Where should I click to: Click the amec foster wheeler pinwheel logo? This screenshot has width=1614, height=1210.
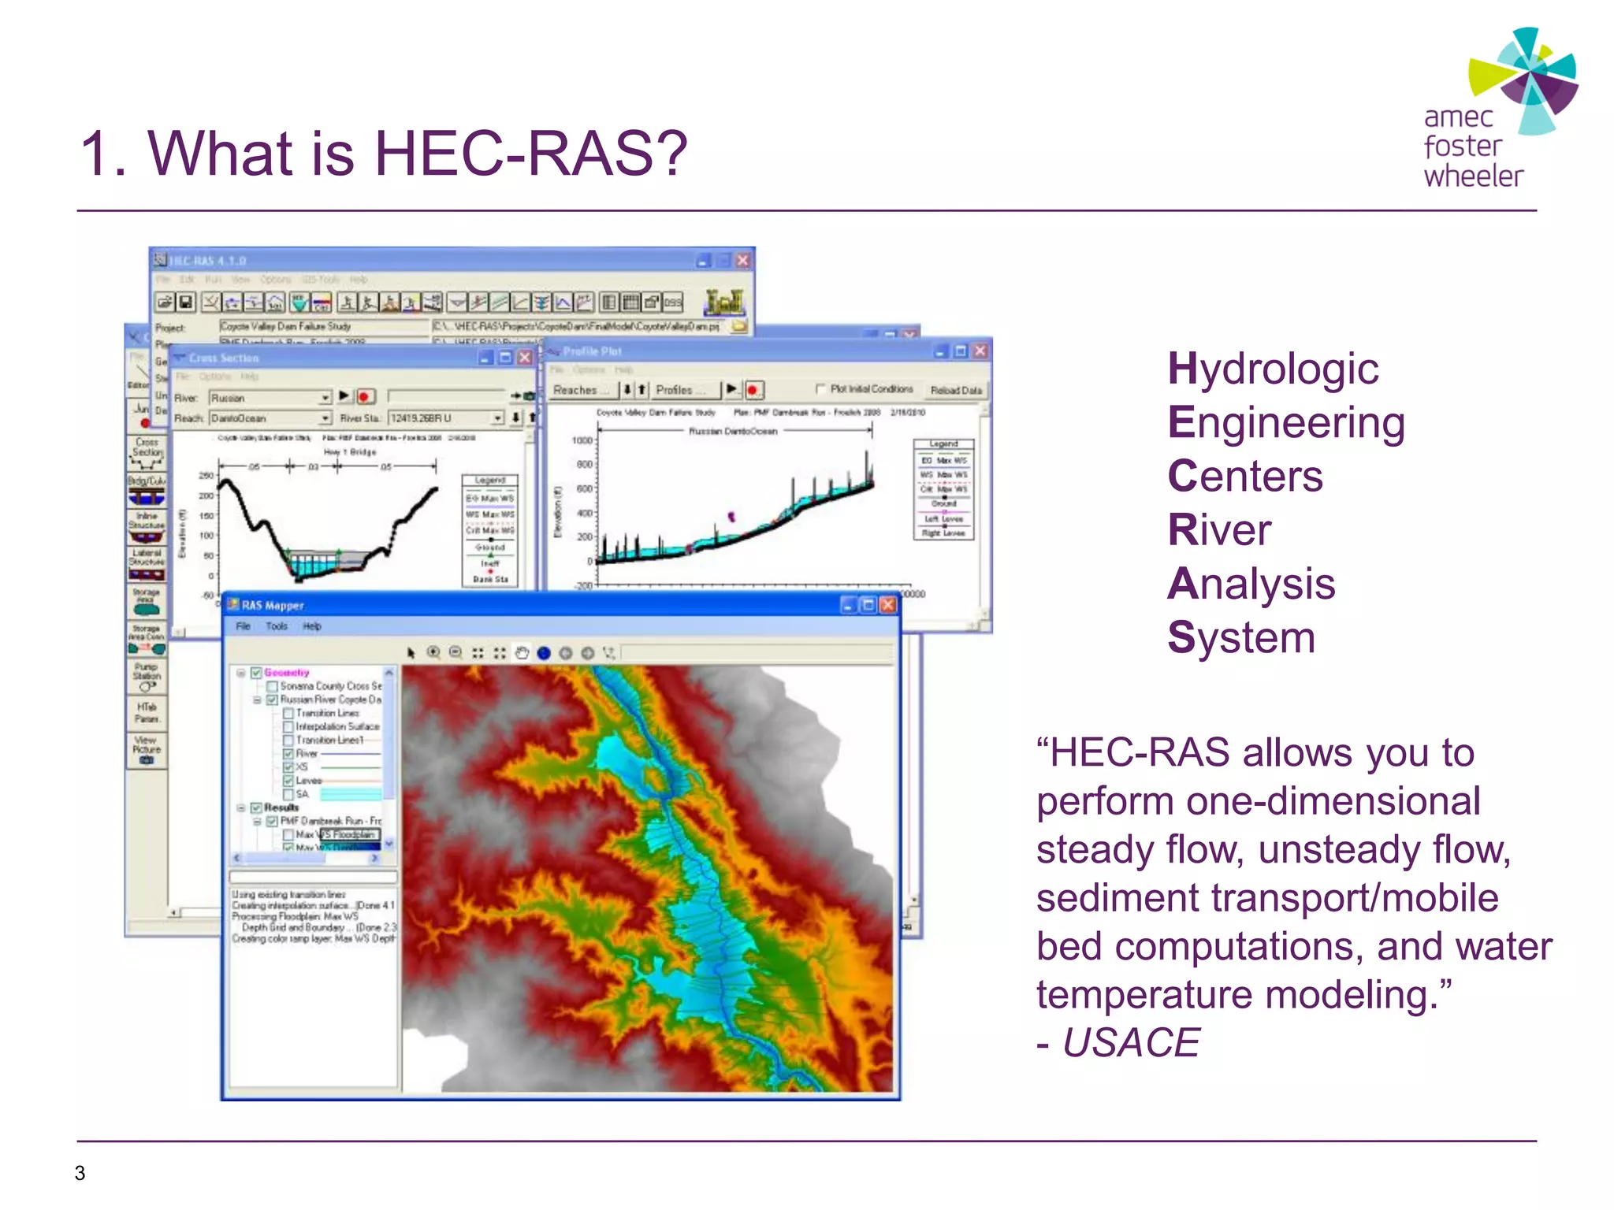(1524, 79)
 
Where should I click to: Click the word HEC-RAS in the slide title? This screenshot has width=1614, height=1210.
(529, 153)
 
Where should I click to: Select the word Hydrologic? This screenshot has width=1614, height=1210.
(1273, 369)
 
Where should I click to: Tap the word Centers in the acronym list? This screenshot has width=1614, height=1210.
(1244, 476)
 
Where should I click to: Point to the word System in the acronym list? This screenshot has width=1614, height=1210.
(1241, 637)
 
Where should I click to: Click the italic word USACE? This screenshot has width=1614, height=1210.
(1130, 1042)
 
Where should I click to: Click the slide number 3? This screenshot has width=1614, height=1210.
(80, 1173)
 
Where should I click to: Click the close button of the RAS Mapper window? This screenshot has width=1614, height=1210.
(887, 605)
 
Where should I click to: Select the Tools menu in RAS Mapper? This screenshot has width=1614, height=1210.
(276, 626)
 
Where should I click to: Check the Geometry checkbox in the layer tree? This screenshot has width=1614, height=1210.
(256, 673)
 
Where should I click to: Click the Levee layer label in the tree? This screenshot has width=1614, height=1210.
(308, 781)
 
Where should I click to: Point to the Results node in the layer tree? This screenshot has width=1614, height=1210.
(281, 807)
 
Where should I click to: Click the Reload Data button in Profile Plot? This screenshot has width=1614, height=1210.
(955, 390)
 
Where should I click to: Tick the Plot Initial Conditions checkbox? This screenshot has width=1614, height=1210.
(820, 389)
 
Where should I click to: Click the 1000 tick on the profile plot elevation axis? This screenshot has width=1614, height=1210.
(582, 440)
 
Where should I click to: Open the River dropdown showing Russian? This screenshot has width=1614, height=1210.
(324, 398)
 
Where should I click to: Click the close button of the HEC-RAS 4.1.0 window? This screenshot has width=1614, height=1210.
(742, 260)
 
